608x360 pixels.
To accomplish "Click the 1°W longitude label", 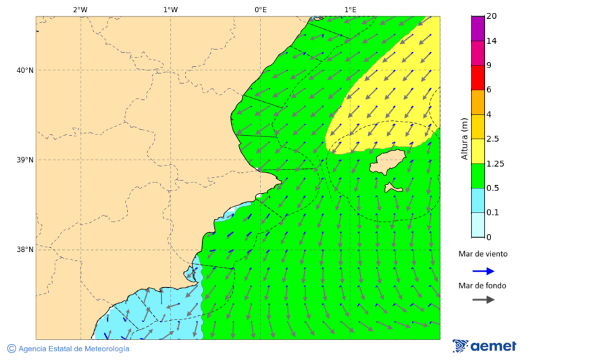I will tap(170, 9).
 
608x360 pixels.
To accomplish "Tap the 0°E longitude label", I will tap(260, 9).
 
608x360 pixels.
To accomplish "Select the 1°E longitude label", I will tap(350, 9).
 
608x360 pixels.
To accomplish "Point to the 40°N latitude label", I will tap(24, 70).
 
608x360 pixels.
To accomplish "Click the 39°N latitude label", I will tap(24, 160).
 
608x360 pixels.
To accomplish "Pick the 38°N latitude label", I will tap(24, 250).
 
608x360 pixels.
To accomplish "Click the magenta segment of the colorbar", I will tap(478, 28).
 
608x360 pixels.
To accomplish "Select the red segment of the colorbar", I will tap(478, 78).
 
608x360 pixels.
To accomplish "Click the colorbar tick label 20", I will tap(492, 16).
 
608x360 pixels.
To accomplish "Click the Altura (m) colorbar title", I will tap(464, 138).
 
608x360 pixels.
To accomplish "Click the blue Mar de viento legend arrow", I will tap(483, 271).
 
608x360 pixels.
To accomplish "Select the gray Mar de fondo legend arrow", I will tap(483, 300).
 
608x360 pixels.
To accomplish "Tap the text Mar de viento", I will tap(482, 255).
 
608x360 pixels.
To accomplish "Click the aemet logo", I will tap(484, 346).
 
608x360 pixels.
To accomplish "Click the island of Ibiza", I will tap(387, 162).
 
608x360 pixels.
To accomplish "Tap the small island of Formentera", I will tap(393, 187).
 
